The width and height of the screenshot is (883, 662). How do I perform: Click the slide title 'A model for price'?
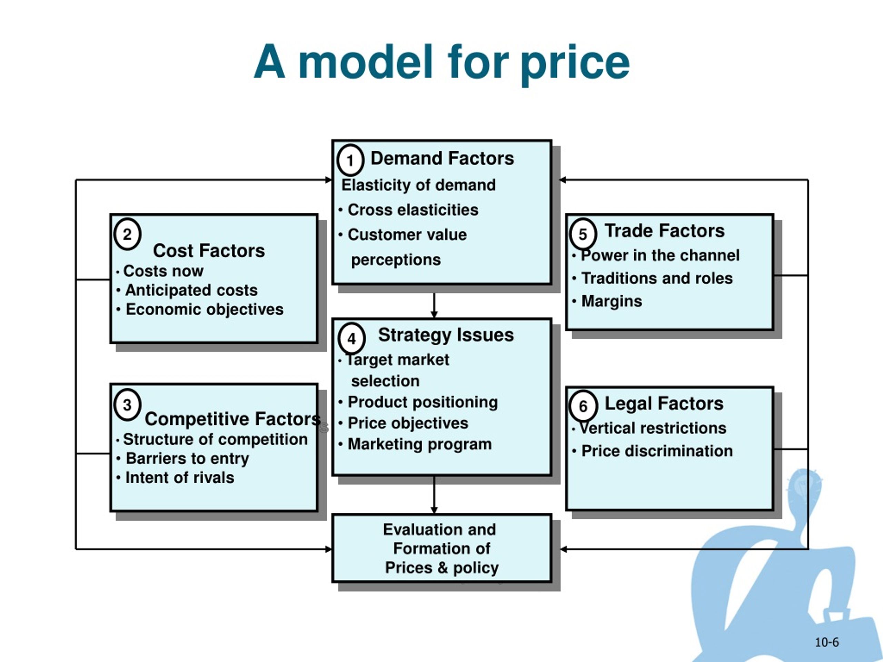(441, 63)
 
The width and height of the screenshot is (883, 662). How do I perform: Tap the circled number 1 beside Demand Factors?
(350, 160)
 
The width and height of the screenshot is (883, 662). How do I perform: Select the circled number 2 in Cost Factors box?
(127, 234)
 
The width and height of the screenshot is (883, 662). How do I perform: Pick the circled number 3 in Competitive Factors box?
(127, 405)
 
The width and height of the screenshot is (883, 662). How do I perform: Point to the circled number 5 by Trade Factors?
(583, 234)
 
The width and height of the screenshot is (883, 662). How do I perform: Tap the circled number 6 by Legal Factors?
(583, 406)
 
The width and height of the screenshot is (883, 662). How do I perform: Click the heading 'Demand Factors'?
(442, 158)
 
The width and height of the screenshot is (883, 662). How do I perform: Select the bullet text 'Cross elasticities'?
(413, 210)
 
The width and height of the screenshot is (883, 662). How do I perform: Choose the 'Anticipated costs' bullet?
(192, 290)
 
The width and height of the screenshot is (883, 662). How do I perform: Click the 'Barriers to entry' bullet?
(187, 459)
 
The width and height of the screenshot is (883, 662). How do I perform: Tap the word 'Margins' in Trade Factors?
(612, 301)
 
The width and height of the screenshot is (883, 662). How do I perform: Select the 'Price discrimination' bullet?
(657, 451)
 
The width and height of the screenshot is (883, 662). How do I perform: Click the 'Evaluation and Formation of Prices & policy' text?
(441, 549)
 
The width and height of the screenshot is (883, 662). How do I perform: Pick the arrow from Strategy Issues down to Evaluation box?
(434, 495)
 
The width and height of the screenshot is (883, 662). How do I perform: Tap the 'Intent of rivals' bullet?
(180, 478)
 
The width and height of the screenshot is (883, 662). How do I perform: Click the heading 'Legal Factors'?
(664, 403)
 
